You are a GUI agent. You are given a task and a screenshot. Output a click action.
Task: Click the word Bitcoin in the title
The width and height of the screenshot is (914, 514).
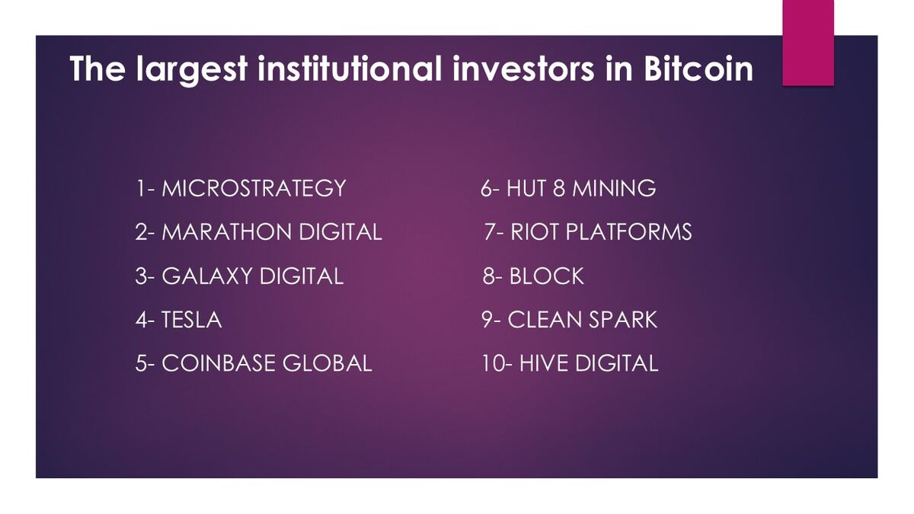(x=698, y=69)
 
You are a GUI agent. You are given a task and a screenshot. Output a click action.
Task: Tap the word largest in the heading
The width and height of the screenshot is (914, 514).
(x=192, y=71)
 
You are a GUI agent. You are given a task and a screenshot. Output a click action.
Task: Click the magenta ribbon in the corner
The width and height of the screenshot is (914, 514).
(x=808, y=43)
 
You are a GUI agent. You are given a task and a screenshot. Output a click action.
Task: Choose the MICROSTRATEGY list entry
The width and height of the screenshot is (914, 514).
(x=241, y=189)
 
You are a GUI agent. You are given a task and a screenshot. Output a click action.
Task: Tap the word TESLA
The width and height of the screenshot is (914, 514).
(x=191, y=319)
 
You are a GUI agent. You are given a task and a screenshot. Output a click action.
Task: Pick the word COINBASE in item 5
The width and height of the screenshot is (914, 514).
(x=219, y=363)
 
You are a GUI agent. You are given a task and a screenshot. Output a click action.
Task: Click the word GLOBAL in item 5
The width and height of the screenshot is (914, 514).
(x=328, y=363)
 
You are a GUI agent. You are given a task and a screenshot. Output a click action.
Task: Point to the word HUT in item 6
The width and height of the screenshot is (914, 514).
(x=526, y=189)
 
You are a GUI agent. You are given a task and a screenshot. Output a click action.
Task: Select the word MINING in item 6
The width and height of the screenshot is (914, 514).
(x=614, y=189)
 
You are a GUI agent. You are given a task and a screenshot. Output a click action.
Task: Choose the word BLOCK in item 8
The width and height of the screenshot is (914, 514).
(x=546, y=276)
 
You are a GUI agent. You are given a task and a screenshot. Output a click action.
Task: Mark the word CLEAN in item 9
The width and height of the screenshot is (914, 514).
(x=545, y=319)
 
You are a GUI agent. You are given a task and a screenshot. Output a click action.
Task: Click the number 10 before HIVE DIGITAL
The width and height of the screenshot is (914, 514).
(x=493, y=363)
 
